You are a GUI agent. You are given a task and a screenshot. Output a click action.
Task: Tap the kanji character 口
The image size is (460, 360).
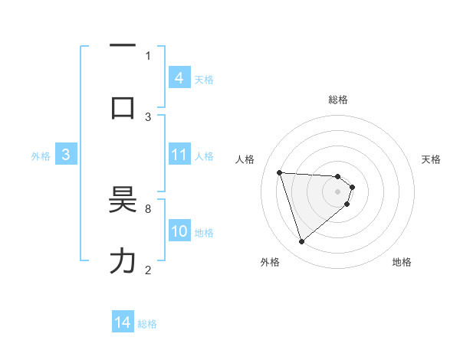pos(123,107)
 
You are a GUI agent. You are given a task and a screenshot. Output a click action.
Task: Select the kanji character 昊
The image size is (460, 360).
pos(123,201)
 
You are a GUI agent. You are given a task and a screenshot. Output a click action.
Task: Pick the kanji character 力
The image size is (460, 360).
pos(123,262)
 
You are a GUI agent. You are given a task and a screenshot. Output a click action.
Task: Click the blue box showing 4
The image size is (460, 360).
pos(179,77)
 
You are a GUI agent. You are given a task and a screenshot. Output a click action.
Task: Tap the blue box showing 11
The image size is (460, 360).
pos(179,155)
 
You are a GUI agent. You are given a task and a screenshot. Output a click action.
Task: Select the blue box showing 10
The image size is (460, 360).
pos(179,231)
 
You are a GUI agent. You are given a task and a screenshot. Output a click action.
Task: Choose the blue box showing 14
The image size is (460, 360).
pos(123,323)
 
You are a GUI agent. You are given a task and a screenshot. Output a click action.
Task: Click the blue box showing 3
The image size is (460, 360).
pos(66,155)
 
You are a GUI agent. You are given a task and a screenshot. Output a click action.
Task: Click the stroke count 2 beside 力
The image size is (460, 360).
pos(148,270)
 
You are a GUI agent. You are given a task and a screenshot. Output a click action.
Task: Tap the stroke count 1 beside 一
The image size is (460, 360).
pos(148,55)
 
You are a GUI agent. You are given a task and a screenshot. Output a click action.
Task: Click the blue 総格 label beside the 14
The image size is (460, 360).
pos(147,324)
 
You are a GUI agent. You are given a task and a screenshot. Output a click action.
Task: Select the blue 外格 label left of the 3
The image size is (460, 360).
pos(41,155)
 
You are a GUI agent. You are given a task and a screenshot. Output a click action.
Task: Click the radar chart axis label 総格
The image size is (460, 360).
pos(338,100)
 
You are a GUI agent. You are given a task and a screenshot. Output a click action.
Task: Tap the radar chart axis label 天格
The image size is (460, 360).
pos(431,159)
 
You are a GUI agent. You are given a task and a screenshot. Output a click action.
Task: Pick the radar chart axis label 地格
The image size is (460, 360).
pos(402,262)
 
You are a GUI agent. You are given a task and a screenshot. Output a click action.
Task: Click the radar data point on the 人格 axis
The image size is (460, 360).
pos(280,172)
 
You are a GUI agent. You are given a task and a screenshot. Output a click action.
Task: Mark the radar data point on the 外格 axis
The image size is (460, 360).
pos(301,242)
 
